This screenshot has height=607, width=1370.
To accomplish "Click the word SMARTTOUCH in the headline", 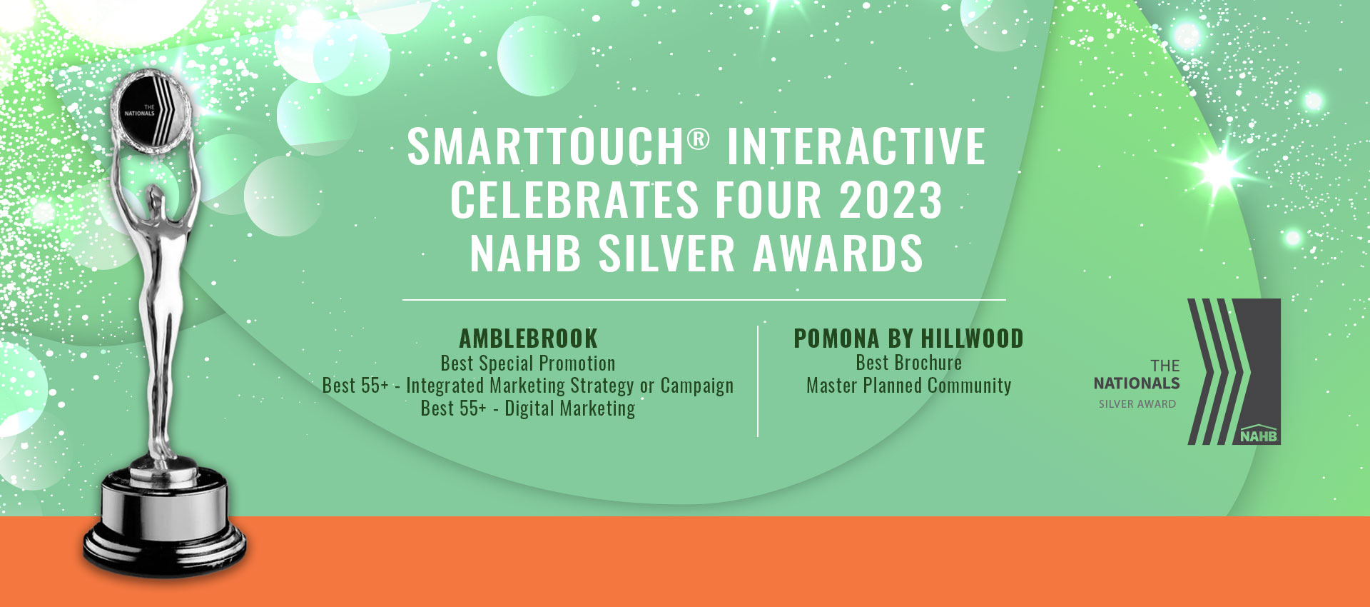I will (546, 146).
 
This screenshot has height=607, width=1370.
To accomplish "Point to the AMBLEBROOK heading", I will (528, 338).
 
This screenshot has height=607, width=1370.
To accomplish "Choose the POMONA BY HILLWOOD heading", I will (908, 338).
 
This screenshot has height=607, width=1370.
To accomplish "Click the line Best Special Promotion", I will (527, 363).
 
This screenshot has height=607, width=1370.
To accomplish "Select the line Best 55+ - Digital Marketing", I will (527, 408).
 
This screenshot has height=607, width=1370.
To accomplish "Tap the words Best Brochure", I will (908, 363).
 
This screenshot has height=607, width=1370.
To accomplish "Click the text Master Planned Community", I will (908, 386).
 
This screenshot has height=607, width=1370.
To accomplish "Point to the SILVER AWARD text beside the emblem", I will (1137, 404).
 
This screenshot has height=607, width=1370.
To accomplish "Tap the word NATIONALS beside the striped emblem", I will (1137, 383).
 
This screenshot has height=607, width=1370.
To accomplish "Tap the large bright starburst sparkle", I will (1222, 169).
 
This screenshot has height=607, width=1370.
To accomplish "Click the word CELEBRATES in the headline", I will (574, 201).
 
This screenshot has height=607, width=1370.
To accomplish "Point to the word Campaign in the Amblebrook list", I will (696, 386).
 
